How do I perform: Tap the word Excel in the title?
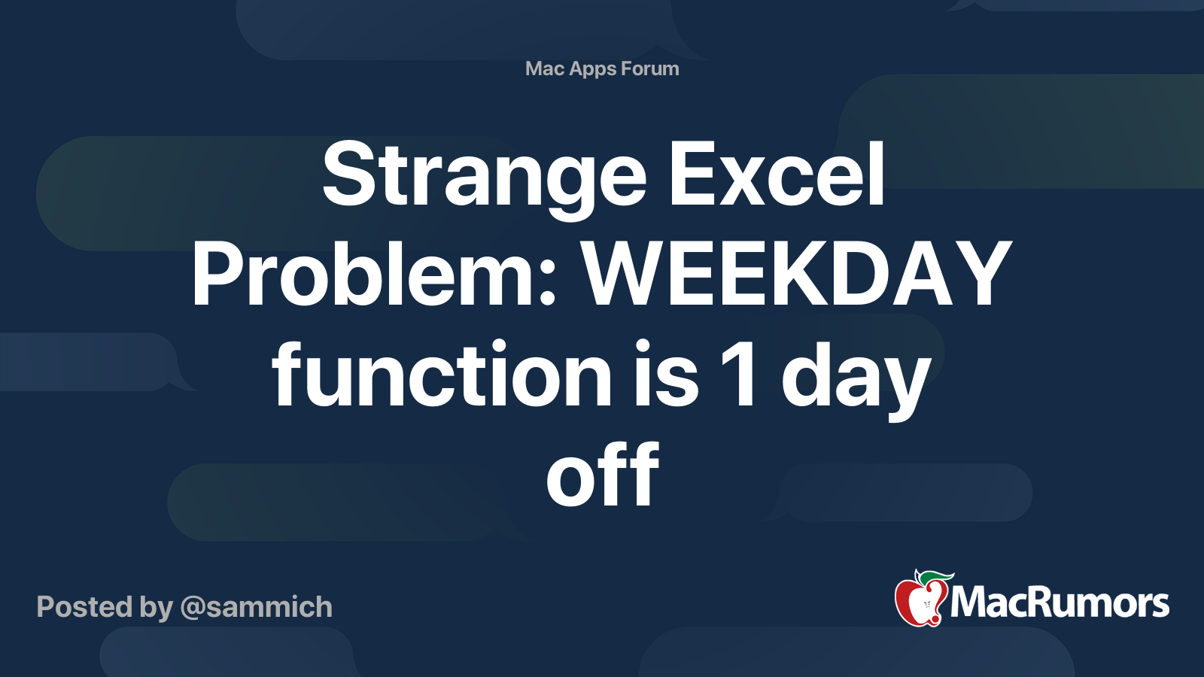[x=777, y=174]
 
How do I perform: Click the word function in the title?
[x=442, y=373]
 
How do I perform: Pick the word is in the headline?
[x=666, y=373]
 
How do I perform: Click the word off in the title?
[x=603, y=473]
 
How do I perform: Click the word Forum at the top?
[x=650, y=68]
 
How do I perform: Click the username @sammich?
[x=256, y=608]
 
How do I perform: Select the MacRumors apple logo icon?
[x=923, y=597]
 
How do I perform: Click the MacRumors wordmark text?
[x=1060, y=603]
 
